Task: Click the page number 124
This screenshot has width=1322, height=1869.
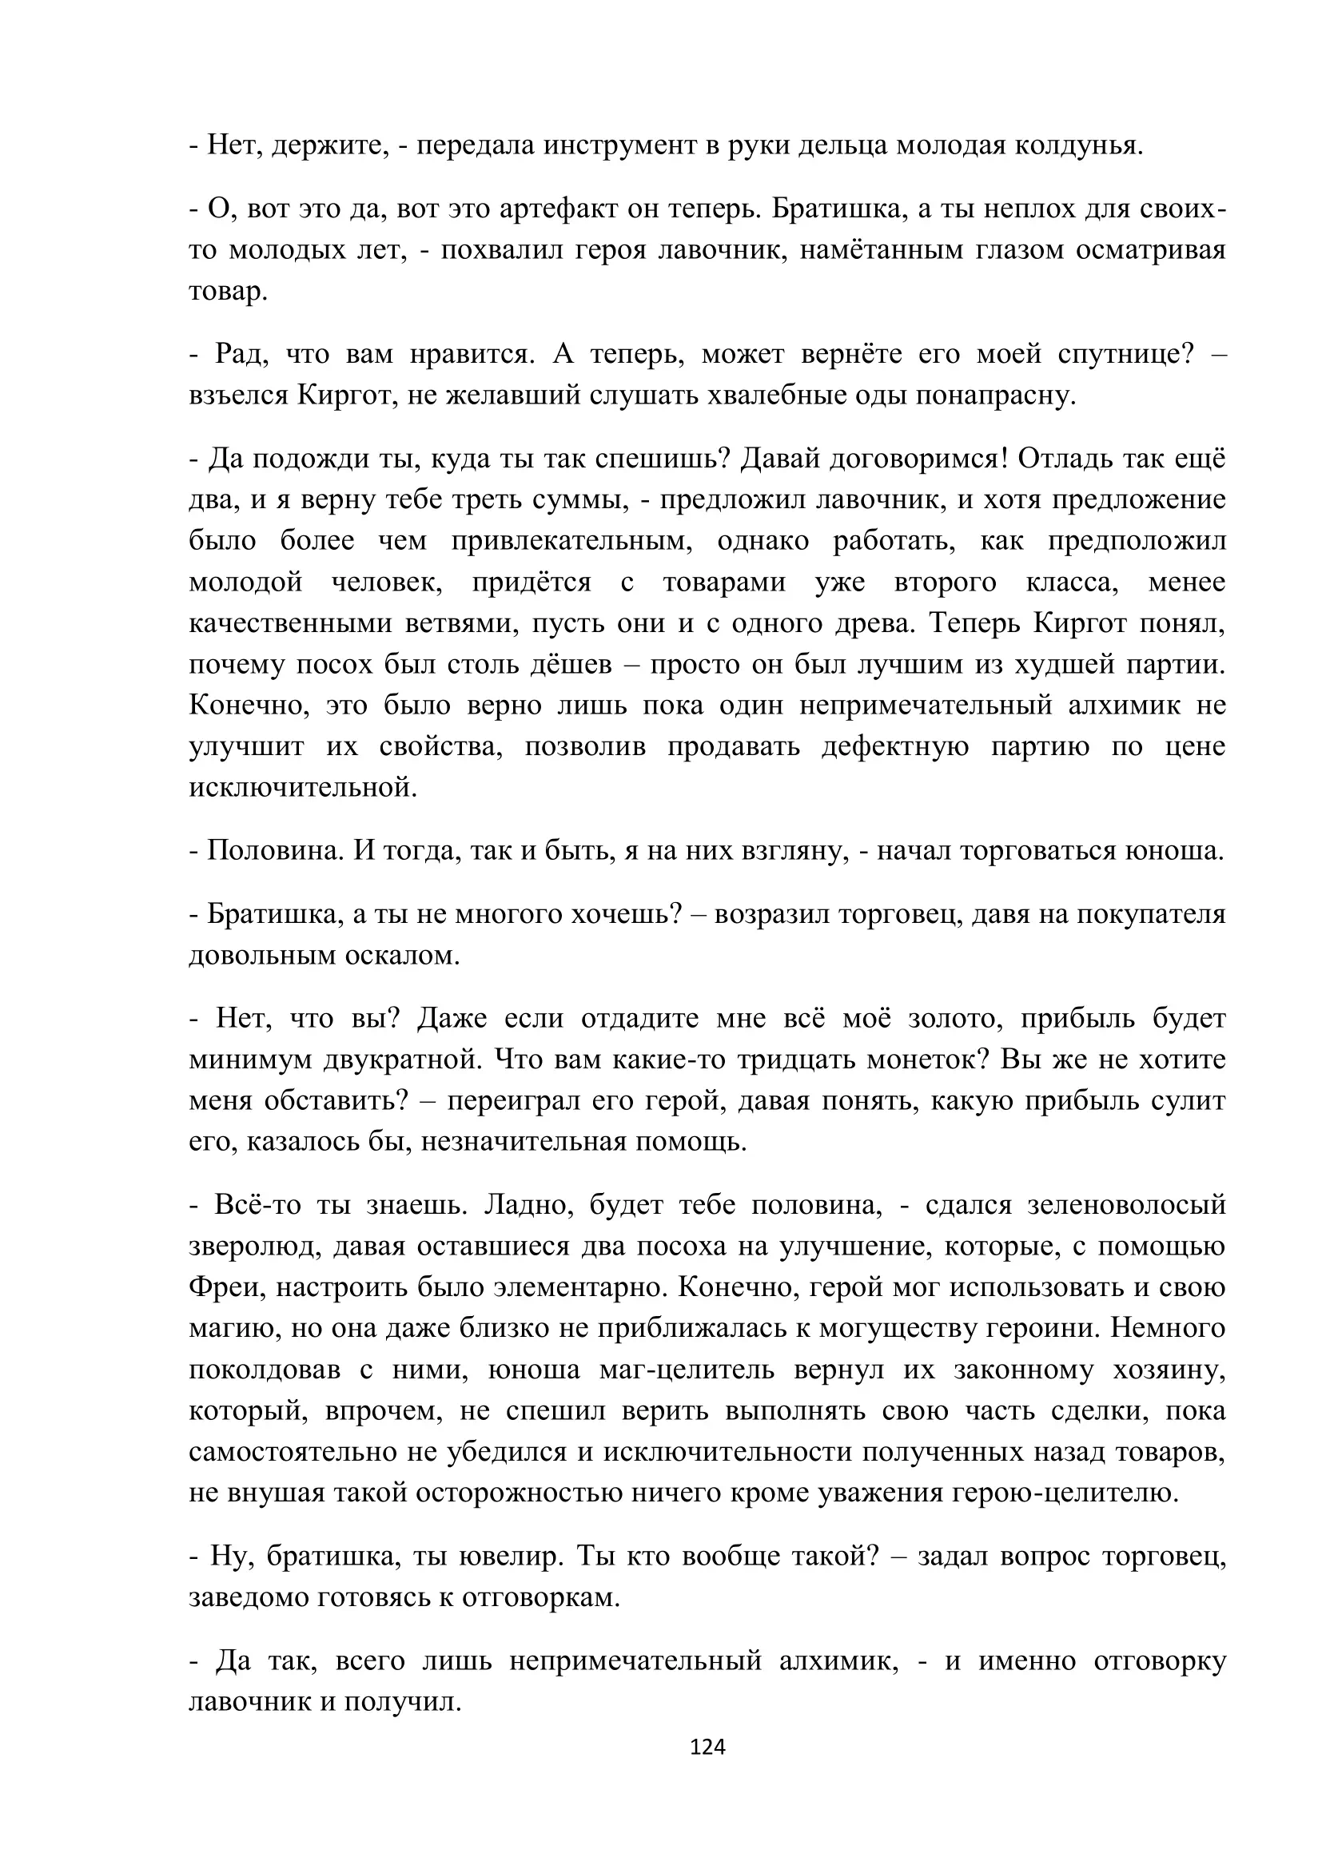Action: click(707, 1747)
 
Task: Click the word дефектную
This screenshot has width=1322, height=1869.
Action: click(894, 746)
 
